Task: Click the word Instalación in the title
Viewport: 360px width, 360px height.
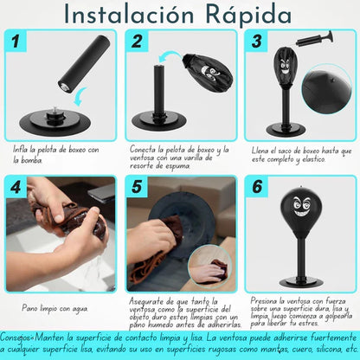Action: (x=128, y=15)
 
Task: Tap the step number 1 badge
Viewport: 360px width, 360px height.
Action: (x=16, y=41)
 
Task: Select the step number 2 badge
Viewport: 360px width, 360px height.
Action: (x=137, y=41)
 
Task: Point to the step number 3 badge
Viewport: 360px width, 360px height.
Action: (x=256, y=41)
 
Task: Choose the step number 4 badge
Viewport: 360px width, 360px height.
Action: (x=16, y=187)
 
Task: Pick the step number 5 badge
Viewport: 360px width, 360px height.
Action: (x=137, y=187)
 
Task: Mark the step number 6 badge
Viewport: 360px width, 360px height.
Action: (x=257, y=187)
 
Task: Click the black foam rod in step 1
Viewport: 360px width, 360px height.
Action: (x=84, y=64)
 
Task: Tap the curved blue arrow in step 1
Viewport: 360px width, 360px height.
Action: (x=80, y=97)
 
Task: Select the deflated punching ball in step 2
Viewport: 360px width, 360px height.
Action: (x=207, y=73)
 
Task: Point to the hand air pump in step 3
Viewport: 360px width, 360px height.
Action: (x=315, y=39)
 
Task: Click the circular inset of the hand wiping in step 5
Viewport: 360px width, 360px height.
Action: (x=209, y=266)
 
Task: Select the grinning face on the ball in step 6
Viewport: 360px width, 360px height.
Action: (x=301, y=206)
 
